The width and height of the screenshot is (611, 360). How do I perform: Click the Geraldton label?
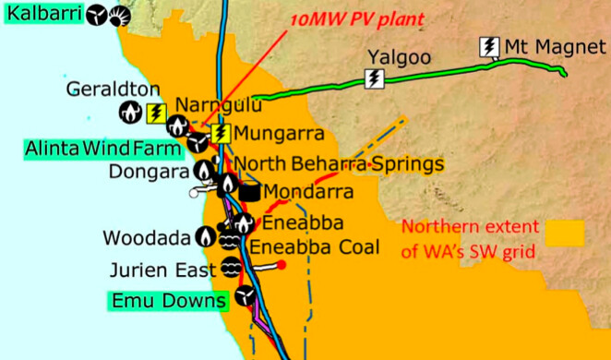pyautogui.click(x=101, y=89)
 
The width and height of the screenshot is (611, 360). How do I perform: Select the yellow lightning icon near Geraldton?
pyautogui.click(x=156, y=113)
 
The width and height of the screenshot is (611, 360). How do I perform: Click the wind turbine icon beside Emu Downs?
pyautogui.click(x=245, y=295)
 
